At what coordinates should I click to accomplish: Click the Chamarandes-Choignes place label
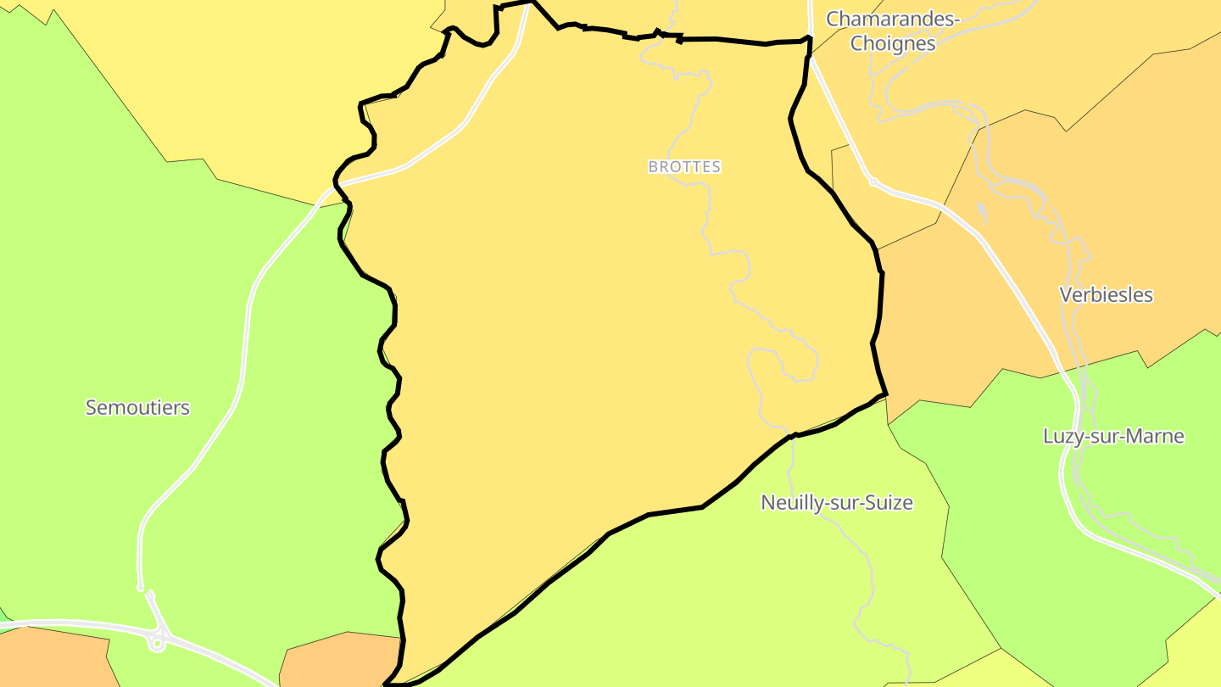(x=892, y=31)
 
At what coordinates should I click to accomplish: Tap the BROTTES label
(x=684, y=167)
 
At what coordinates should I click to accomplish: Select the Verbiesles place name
(x=1106, y=295)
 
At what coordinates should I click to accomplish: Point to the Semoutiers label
(x=137, y=408)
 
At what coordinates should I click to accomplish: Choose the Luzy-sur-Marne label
(x=1112, y=437)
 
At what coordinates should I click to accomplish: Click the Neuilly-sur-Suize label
(x=836, y=503)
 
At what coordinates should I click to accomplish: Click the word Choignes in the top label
(x=892, y=44)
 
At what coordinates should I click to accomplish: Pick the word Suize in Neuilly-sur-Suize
(x=889, y=503)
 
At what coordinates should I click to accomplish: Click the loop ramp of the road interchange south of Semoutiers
(x=156, y=643)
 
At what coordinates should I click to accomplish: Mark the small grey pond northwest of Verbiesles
(x=981, y=211)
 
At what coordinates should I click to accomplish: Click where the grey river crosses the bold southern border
(x=792, y=436)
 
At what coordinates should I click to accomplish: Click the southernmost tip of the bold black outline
(x=387, y=684)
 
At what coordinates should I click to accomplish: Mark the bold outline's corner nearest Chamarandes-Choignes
(x=810, y=39)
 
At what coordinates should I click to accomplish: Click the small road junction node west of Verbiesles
(x=873, y=182)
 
